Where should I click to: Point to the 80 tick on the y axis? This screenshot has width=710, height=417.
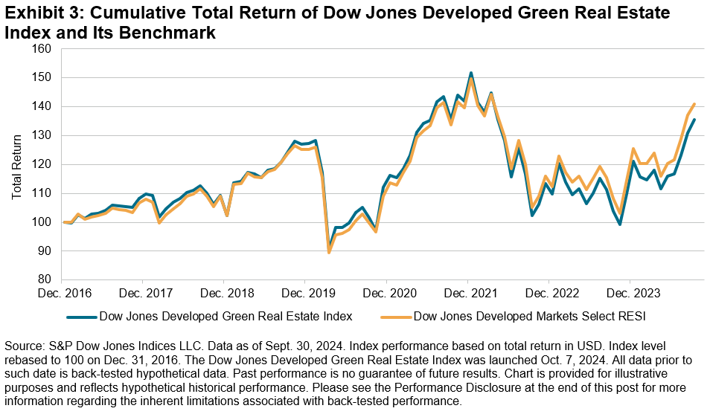click(44, 280)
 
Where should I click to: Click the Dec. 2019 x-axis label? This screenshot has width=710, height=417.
click(305, 293)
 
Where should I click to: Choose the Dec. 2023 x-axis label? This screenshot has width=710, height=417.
click(630, 293)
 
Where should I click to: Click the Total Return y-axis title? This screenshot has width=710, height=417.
click(17, 164)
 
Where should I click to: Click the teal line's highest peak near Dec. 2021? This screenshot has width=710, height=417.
click(471, 73)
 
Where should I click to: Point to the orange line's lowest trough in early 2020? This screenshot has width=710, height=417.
click(330, 253)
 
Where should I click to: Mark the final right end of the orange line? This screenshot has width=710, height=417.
click(694, 104)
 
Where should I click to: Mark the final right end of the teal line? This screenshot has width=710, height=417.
click(694, 120)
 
